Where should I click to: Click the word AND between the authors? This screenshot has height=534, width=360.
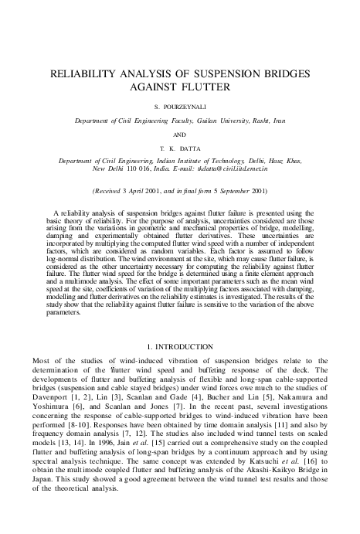tap(179, 134)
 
